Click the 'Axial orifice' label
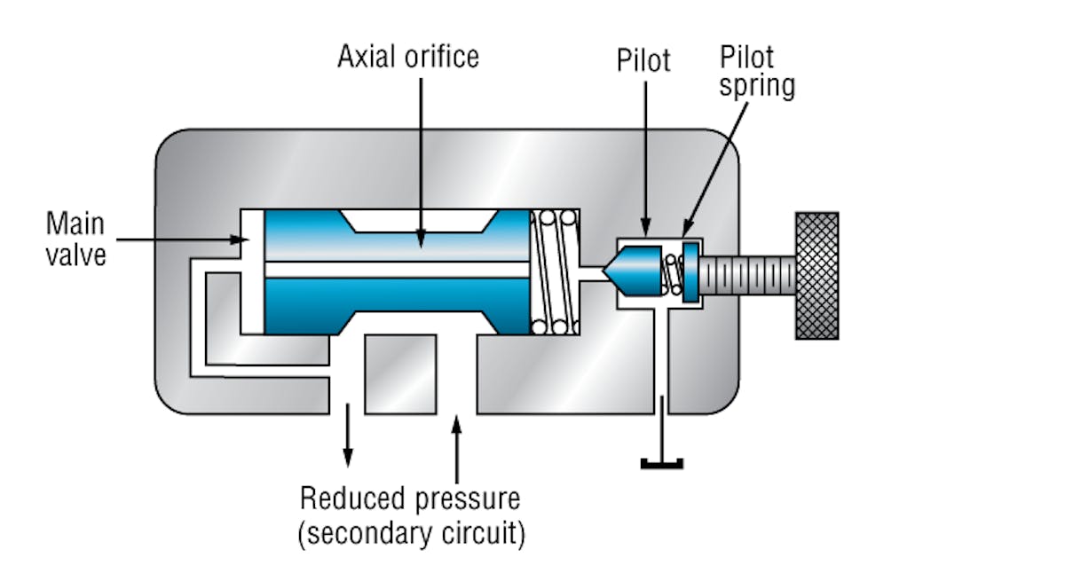(407, 57)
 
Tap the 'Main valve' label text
(77, 238)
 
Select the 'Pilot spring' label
(757, 71)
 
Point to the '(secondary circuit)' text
(412, 533)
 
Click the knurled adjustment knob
(816, 275)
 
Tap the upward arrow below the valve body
(457, 444)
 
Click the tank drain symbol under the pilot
(661, 462)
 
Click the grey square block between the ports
(400, 373)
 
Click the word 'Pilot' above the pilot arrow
(644, 60)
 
